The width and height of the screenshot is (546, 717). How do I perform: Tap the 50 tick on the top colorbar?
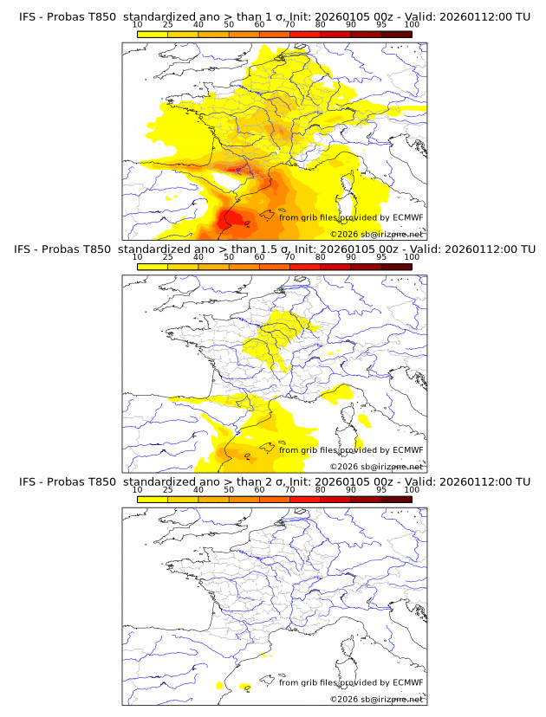coord(229,24)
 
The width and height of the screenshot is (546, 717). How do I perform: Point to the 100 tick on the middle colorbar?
coord(412,256)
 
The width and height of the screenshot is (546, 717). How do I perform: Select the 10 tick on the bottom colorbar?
coord(138,489)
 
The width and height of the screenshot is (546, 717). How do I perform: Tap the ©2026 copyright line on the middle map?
coord(376,466)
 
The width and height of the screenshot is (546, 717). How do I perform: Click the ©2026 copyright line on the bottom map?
coord(376,698)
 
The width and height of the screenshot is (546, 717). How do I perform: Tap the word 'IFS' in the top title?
coord(28,16)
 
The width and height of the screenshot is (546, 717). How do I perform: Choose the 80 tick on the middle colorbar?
coord(321,256)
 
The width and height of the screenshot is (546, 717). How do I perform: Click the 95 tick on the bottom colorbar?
coord(381,489)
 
